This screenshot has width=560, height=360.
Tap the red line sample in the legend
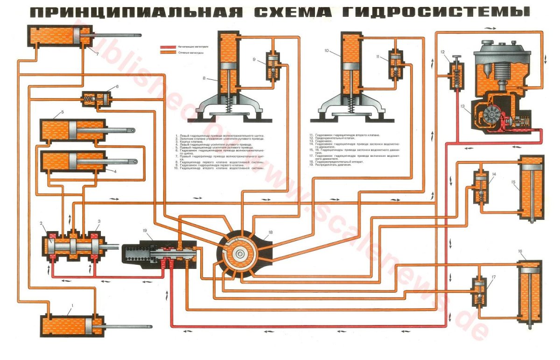(168, 47)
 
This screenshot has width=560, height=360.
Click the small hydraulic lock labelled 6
(97, 99)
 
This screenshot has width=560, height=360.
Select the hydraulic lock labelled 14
(481, 187)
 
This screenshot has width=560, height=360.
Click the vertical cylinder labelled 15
(531, 191)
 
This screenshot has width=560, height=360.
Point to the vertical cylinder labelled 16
(531, 294)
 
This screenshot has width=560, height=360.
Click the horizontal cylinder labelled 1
(70, 325)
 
